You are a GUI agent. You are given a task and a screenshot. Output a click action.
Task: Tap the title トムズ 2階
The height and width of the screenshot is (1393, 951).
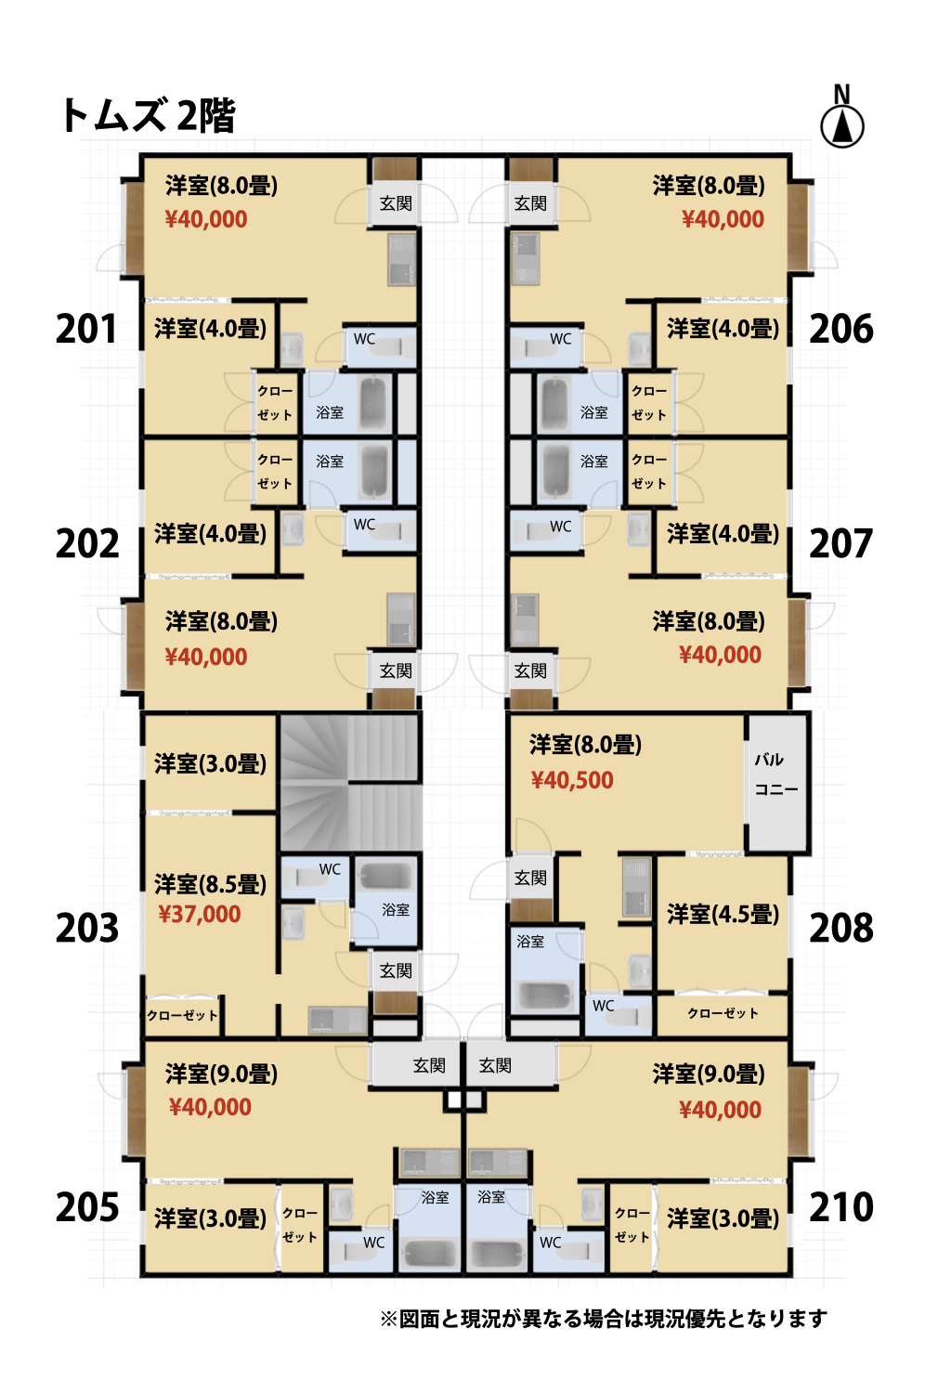point(147,116)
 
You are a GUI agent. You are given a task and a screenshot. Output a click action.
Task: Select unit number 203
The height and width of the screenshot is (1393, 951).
point(87,929)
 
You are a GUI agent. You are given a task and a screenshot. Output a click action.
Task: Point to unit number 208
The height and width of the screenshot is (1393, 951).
point(840,928)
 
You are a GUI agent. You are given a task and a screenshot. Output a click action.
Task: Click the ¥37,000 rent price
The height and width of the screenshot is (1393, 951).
point(199,914)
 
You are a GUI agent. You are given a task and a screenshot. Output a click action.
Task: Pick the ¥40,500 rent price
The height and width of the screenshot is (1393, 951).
point(572,780)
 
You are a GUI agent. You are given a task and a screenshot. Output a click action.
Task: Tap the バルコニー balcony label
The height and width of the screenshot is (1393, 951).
point(776,775)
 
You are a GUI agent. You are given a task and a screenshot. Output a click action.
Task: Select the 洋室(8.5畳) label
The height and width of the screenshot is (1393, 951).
point(210,884)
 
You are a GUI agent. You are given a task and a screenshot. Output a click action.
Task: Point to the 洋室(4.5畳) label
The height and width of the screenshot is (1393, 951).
point(723,914)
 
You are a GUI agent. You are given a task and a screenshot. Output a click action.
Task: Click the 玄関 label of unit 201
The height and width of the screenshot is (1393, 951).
point(396,203)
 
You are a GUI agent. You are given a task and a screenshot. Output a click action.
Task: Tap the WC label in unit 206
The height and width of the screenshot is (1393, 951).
point(560,339)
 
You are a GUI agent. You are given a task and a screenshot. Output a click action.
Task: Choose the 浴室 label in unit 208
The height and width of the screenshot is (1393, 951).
point(530,942)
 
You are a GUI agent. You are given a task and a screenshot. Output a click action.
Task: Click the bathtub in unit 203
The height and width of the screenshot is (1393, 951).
point(385,877)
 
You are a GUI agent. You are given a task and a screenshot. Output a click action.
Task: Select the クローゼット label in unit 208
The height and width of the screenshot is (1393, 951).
point(723,1014)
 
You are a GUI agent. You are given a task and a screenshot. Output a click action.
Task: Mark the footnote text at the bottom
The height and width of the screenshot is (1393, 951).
point(604,1319)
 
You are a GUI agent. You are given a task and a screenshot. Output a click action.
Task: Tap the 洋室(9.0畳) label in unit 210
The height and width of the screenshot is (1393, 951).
point(709,1074)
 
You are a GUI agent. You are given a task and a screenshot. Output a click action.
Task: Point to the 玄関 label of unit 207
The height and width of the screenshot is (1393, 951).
point(530,671)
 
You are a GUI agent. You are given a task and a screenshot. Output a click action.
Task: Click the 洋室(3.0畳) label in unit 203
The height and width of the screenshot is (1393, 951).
point(210,763)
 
